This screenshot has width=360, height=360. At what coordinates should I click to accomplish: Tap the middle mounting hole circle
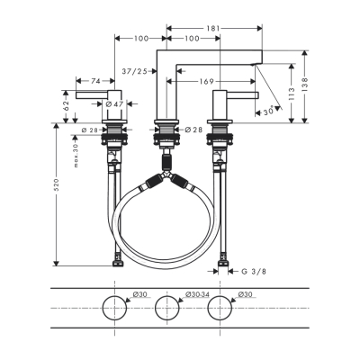click(x=167, y=308)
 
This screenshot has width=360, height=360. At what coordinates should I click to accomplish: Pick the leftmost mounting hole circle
click(x=114, y=308)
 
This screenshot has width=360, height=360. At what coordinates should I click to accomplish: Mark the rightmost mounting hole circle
click(x=220, y=308)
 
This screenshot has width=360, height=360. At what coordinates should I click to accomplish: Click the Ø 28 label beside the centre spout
click(x=195, y=131)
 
